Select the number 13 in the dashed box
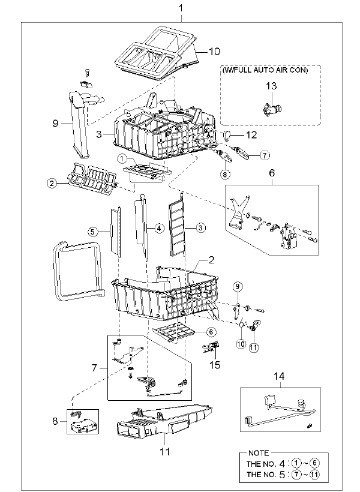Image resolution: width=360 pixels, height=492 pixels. click(x=271, y=87)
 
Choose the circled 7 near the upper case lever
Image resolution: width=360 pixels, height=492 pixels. click(x=262, y=156)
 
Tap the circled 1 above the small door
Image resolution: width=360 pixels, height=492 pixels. click(x=121, y=160)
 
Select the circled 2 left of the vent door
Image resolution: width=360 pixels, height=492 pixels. click(x=53, y=185)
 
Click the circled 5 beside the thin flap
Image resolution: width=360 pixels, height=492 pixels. click(x=92, y=230)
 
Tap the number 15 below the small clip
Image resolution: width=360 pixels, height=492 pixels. click(x=215, y=364)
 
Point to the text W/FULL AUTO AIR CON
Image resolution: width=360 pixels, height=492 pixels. click(x=265, y=70)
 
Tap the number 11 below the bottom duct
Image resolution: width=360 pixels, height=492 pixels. click(x=164, y=451)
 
